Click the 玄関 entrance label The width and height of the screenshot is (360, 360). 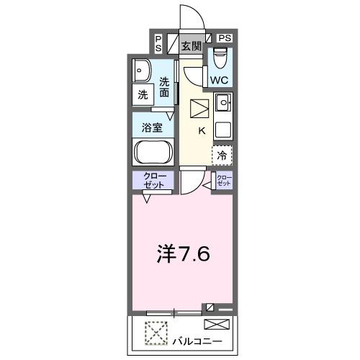point(191,47)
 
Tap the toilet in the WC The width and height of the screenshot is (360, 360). point(220,55)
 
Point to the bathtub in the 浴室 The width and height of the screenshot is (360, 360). point(152,153)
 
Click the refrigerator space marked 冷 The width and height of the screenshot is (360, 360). point(222,155)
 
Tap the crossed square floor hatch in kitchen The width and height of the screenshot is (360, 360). point(199,109)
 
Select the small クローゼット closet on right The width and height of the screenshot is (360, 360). point(225,180)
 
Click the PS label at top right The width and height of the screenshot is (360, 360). point(224,38)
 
